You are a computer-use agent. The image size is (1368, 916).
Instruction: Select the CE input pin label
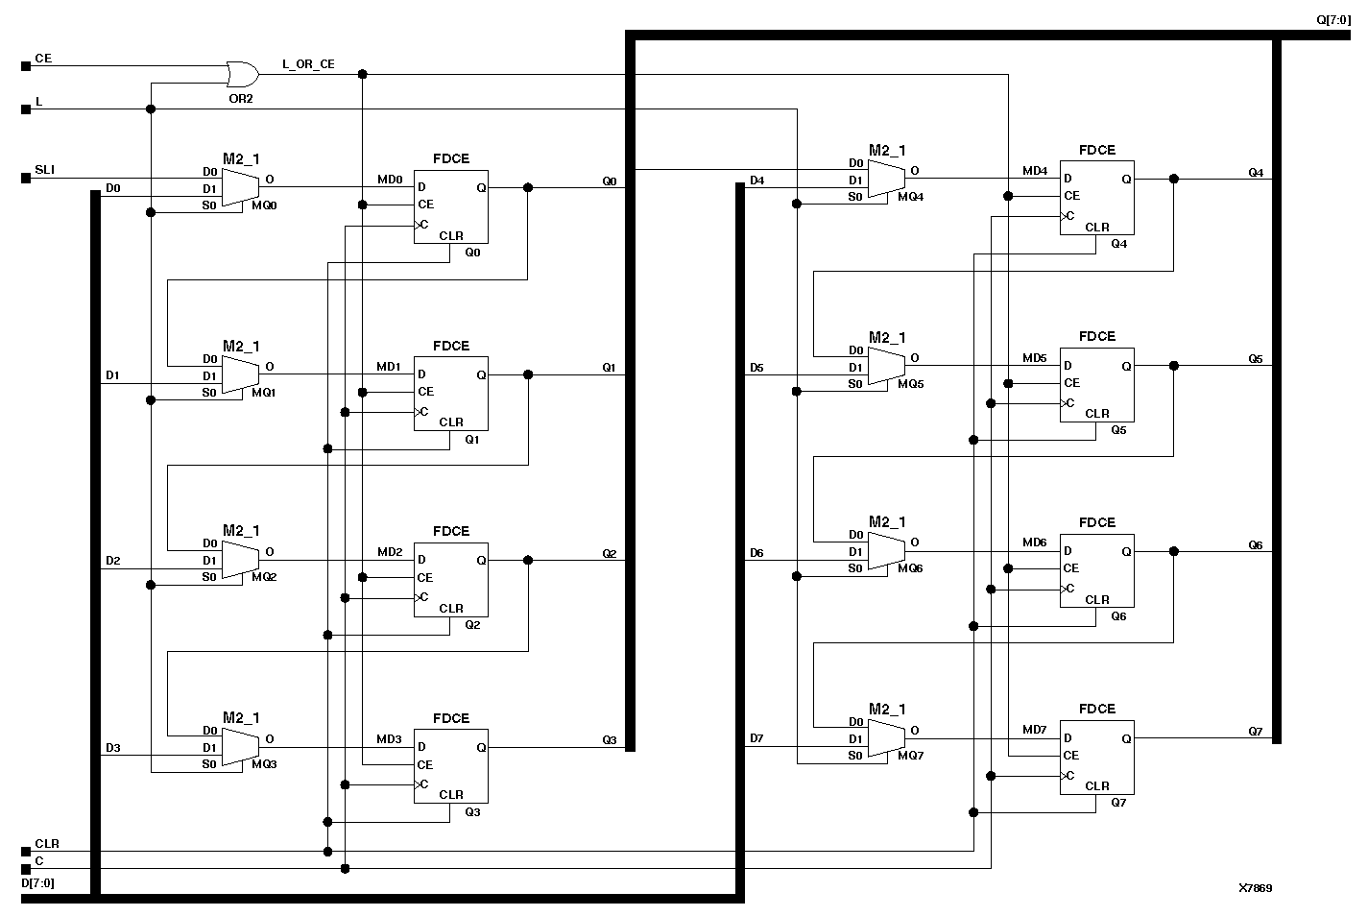click(x=43, y=59)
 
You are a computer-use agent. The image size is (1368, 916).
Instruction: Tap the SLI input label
click(x=45, y=170)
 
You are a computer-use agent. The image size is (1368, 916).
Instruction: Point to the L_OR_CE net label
click(x=308, y=64)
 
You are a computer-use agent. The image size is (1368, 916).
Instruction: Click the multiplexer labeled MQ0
click(x=240, y=187)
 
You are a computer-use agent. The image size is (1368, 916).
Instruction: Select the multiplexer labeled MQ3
click(x=240, y=747)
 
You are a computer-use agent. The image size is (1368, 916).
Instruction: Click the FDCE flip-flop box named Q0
click(x=450, y=206)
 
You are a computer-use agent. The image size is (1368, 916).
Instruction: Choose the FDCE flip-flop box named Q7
click(x=1096, y=758)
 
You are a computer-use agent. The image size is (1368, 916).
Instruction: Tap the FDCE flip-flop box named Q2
click(x=450, y=579)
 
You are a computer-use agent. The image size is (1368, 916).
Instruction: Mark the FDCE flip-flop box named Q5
click(x=1096, y=385)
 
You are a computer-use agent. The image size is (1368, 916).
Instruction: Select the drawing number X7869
click(x=1255, y=888)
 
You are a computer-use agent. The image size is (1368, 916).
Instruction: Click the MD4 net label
click(x=1034, y=171)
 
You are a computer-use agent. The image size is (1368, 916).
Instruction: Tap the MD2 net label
click(x=389, y=552)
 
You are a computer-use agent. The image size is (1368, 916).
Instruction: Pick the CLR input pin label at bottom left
click(x=47, y=844)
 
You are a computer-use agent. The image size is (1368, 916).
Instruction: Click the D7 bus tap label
click(x=756, y=738)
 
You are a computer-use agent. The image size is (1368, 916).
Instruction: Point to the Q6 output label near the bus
click(x=1255, y=545)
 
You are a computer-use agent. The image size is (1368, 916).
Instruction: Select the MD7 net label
click(x=1034, y=730)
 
